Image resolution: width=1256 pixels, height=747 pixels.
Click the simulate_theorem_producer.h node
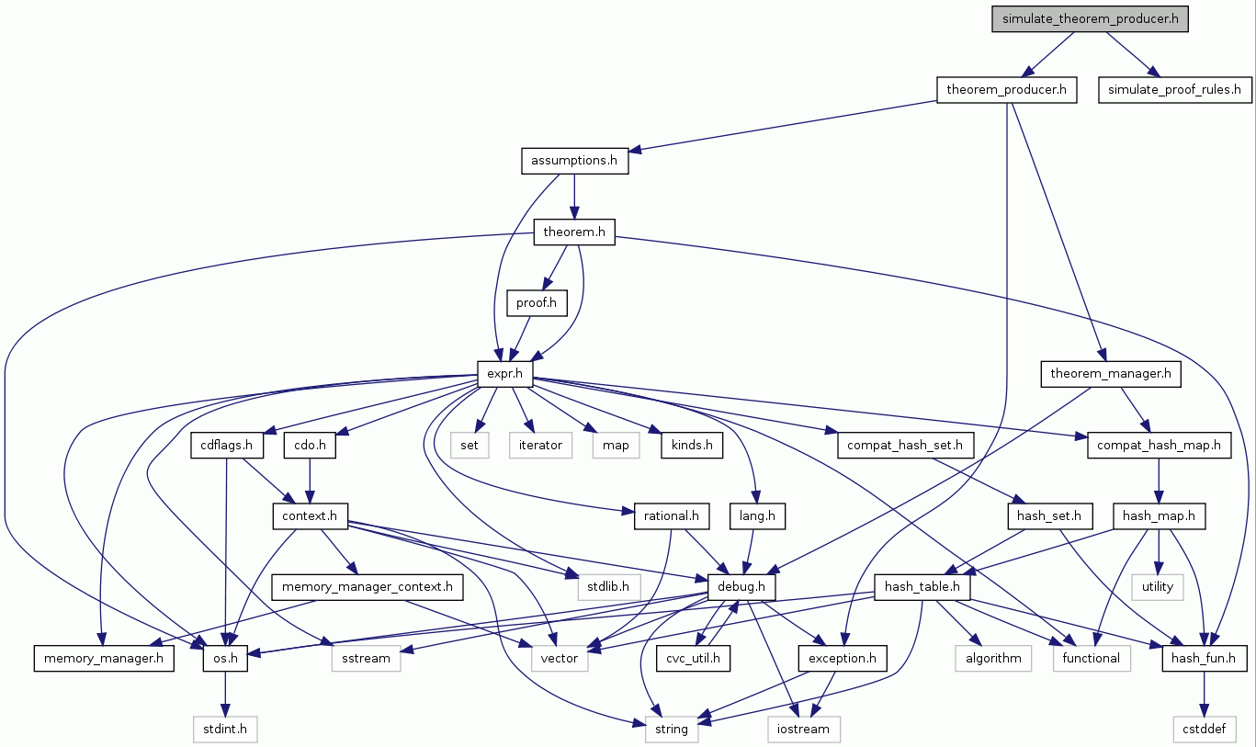pyautogui.click(x=1091, y=19)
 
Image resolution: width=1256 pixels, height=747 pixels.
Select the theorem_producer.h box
pyautogui.click(x=1006, y=90)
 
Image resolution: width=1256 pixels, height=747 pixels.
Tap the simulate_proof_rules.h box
pyautogui.click(x=1174, y=90)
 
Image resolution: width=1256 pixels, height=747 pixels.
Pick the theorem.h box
pyautogui.click(x=574, y=232)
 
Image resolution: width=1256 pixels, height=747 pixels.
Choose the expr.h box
pyautogui.click(x=505, y=373)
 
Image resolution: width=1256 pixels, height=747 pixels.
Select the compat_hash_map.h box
pyautogui.click(x=1159, y=446)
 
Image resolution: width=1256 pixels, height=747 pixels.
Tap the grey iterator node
pyautogui.click(x=540, y=446)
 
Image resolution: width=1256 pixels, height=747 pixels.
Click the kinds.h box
pyautogui.click(x=691, y=446)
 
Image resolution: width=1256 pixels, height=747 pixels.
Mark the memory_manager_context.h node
pyautogui.click(x=368, y=586)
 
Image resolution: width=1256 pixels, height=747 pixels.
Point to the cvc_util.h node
pyautogui.click(x=693, y=658)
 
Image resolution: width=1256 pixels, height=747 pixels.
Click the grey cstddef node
pyautogui.click(x=1204, y=730)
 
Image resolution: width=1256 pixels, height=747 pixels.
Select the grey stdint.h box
pyautogui.click(x=225, y=730)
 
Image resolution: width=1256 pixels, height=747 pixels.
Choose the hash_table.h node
pyautogui.click(x=922, y=586)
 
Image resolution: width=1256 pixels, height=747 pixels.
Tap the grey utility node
pyautogui.click(x=1158, y=586)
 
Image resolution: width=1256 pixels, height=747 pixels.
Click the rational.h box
pyautogui.click(x=672, y=516)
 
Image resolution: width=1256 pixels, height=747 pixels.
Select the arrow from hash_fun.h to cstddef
pyautogui.click(x=1204, y=693)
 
